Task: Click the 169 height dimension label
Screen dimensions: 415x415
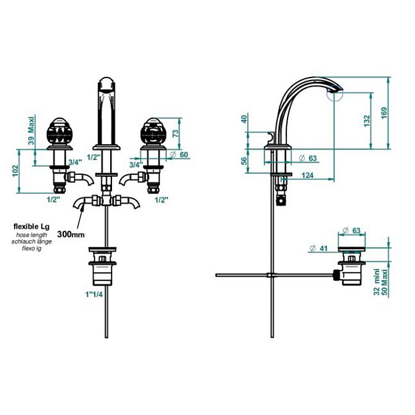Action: tap(384, 113)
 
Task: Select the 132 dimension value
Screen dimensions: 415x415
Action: tap(367, 120)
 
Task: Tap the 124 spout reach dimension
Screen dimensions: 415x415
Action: tap(307, 175)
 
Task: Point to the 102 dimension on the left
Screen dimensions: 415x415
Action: tap(15, 171)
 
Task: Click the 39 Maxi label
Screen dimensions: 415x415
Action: tap(31, 130)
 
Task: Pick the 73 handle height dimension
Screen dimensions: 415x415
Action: tap(175, 133)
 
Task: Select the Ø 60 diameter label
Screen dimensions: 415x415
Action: tap(179, 154)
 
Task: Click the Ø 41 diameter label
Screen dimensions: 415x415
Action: tap(318, 248)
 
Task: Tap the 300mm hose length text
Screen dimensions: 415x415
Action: tap(71, 234)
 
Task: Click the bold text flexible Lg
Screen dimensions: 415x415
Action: tap(31, 227)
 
